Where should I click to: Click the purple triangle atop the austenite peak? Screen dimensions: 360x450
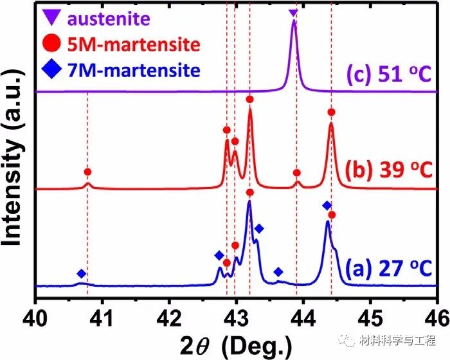coord(293,13)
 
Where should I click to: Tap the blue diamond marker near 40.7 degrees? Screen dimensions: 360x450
coord(81,274)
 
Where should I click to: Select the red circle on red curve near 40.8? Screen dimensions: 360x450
coord(87,172)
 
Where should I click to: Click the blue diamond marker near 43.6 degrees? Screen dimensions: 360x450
coord(278,272)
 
